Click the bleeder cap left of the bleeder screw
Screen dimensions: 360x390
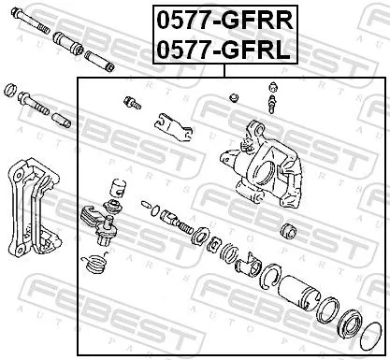pos(235,97)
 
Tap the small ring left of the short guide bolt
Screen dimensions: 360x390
pos(11,91)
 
